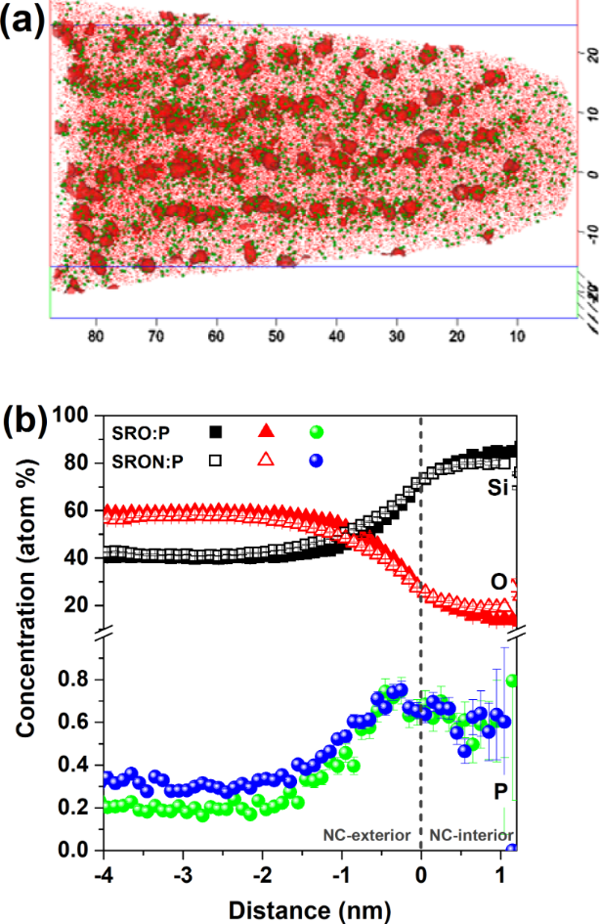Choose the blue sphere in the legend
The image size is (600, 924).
(x=317, y=458)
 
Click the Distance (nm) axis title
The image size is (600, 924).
(x=308, y=908)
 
